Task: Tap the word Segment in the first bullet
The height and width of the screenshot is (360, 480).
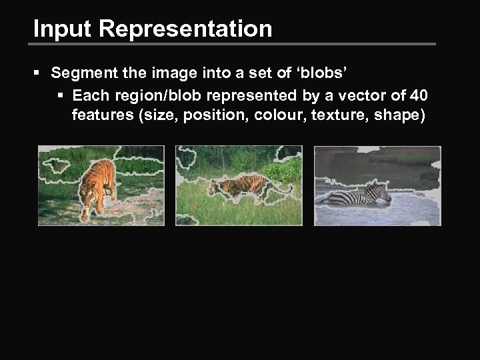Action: pos(79,72)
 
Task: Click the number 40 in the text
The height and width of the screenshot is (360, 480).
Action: pos(418,94)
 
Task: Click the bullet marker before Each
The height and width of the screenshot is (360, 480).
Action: pos(62,94)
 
